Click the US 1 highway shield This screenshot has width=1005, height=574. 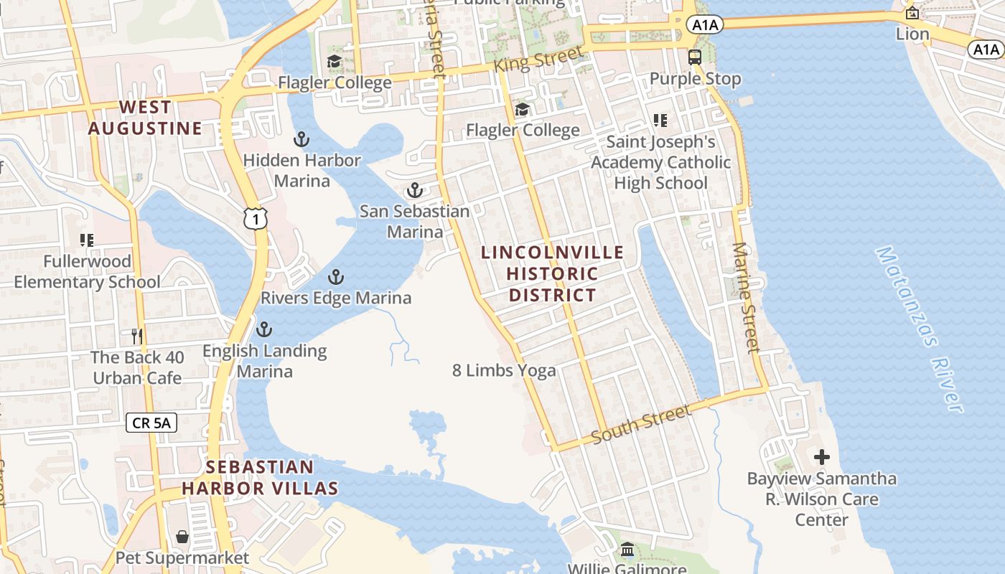[x=255, y=218]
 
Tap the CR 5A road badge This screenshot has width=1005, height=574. [x=151, y=423]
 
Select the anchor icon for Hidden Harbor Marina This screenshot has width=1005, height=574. [x=301, y=139]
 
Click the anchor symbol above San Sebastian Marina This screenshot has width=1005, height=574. [x=414, y=190]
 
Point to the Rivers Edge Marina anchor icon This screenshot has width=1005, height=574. [x=335, y=277]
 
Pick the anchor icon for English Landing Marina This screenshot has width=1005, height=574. [x=264, y=329]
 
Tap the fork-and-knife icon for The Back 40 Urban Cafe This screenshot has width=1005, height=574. [x=137, y=336]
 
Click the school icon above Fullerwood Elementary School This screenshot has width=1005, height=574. [x=87, y=240]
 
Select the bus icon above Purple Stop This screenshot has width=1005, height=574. [x=694, y=57]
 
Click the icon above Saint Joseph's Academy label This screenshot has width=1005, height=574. [x=660, y=121]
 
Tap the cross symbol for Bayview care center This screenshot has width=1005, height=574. [x=822, y=456]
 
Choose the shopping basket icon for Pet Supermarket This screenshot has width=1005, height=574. [x=182, y=537]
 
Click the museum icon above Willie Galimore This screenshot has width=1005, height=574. [x=627, y=550]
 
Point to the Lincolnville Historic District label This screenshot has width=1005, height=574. [x=552, y=273]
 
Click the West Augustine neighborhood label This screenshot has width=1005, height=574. [x=145, y=118]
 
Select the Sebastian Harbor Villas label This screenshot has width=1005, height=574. [x=260, y=478]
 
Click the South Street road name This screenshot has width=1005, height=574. [x=640, y=425]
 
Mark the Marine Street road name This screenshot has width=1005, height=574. [x=745, y=298]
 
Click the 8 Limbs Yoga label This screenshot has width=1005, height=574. [x=504, y=370]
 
